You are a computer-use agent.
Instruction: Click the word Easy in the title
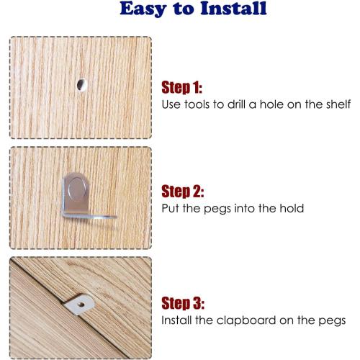coord(143,9)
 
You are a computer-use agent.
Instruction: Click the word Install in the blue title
coord(233,9)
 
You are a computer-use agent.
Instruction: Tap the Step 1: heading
coord(181,87)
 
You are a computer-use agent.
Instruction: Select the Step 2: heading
coord(183,192)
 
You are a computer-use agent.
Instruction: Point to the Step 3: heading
coord(183,303)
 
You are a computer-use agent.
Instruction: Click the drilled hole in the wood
coord(81,85)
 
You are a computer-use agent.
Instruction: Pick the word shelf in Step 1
coord(338,104)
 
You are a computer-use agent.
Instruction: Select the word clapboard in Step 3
coord(246,320)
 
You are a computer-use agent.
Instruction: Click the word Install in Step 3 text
coord(176,320)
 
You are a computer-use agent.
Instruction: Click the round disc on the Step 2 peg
coord(78,189)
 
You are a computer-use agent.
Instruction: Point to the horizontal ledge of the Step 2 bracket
coord(90,217)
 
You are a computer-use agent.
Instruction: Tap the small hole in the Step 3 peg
coord(81,305)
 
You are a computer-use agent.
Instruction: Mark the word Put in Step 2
coord(171,208)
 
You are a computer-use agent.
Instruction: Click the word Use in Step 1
coord(171,104)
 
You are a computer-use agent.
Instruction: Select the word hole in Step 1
coord(272,104)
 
